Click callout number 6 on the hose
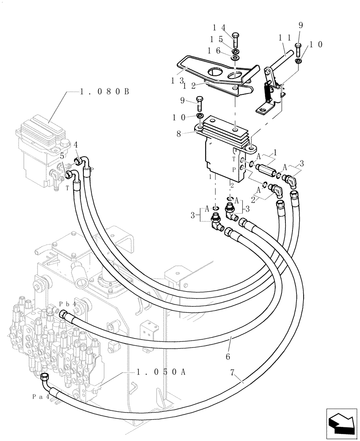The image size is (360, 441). pos(228,355)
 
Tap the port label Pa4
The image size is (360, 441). pos(40,396)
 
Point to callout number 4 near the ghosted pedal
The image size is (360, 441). pos(76,144)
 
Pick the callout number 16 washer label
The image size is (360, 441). pos(221,51)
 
